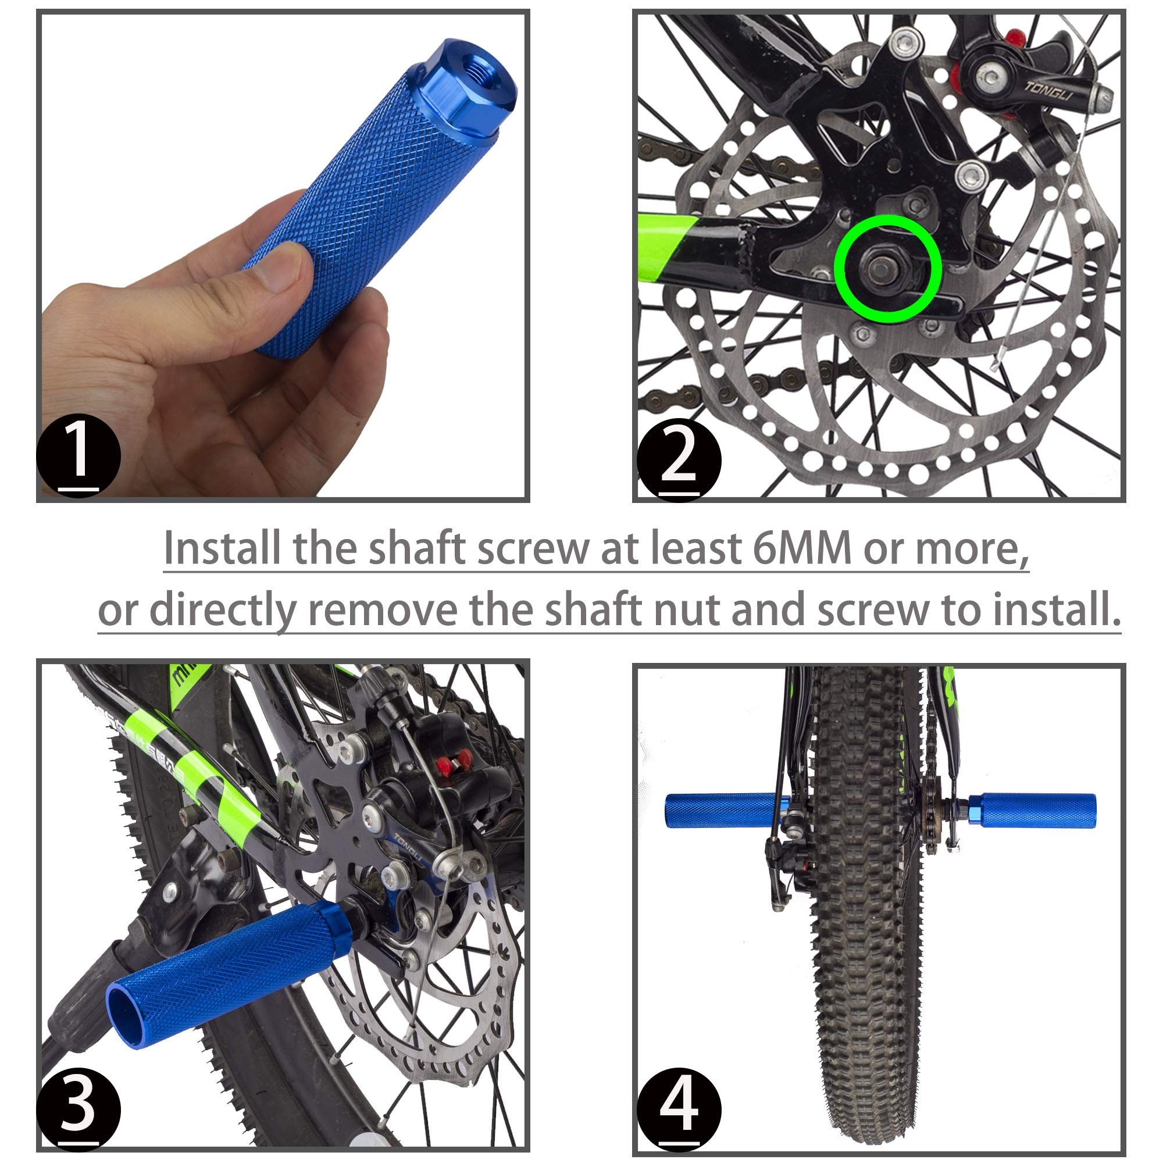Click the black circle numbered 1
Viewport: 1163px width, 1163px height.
(x=79, y=455)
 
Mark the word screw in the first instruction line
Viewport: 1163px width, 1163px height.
(x=532, y=548)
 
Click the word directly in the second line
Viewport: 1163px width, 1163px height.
(x=223, y=611)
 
